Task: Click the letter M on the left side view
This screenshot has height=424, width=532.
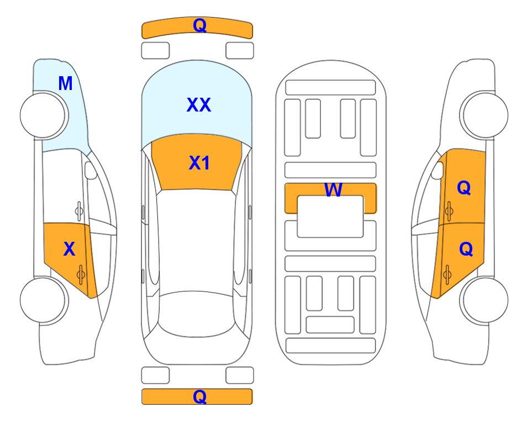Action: tap(66, 83)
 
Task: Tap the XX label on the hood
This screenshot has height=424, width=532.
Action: tap(199, 105)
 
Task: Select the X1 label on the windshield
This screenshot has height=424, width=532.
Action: tap(199, 163)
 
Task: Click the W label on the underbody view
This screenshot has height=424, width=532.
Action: tap(333, 189)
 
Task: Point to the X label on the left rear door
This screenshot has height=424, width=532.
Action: tap(69, 249)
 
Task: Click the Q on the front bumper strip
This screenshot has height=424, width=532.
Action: tap(199, 25)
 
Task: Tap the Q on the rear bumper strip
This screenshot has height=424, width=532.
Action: tap(199, 396)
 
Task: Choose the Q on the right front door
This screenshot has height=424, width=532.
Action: tap(464, 188)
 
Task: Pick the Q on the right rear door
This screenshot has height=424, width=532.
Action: tap(466, 249)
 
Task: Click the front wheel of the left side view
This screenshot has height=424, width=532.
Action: tap(44, 115)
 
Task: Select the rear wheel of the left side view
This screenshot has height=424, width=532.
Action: tap(44, 300)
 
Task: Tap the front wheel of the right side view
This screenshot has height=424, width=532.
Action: tap(484, 115)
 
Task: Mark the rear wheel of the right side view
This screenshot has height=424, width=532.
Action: tap(484, 300)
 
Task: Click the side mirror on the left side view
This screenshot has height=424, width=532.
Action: tap(90, 170)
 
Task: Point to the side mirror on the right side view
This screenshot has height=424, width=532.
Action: tap(438, 170)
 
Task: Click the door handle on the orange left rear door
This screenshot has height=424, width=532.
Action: tap(81, 274)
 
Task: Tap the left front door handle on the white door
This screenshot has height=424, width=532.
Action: tap(78, 211)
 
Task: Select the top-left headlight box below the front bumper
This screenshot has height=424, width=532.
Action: tap(155, 51)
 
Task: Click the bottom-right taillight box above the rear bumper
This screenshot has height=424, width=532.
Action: tap(240, 375)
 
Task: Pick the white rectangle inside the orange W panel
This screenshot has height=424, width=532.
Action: tap(330, 216)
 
